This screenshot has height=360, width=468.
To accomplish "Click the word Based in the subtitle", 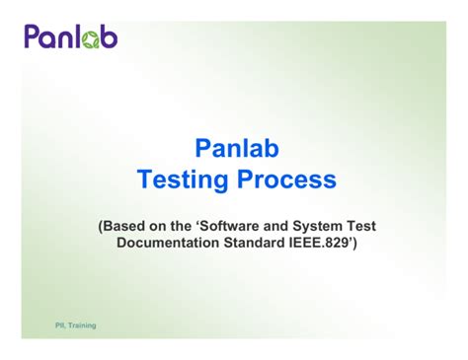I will pos(127,226).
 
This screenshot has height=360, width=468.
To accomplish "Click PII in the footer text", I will pos(34,324).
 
